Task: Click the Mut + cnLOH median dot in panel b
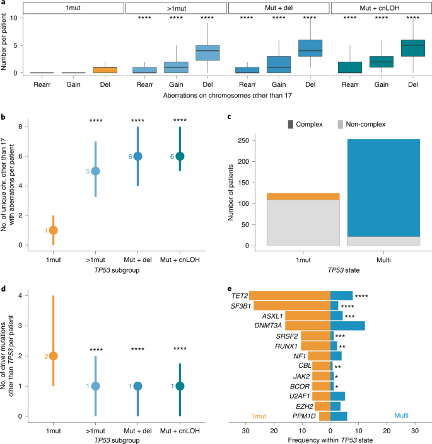coord(180,156)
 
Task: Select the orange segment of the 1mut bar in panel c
coord(303,196)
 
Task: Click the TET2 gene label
coord(238,295)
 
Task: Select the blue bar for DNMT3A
coord(347,326)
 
